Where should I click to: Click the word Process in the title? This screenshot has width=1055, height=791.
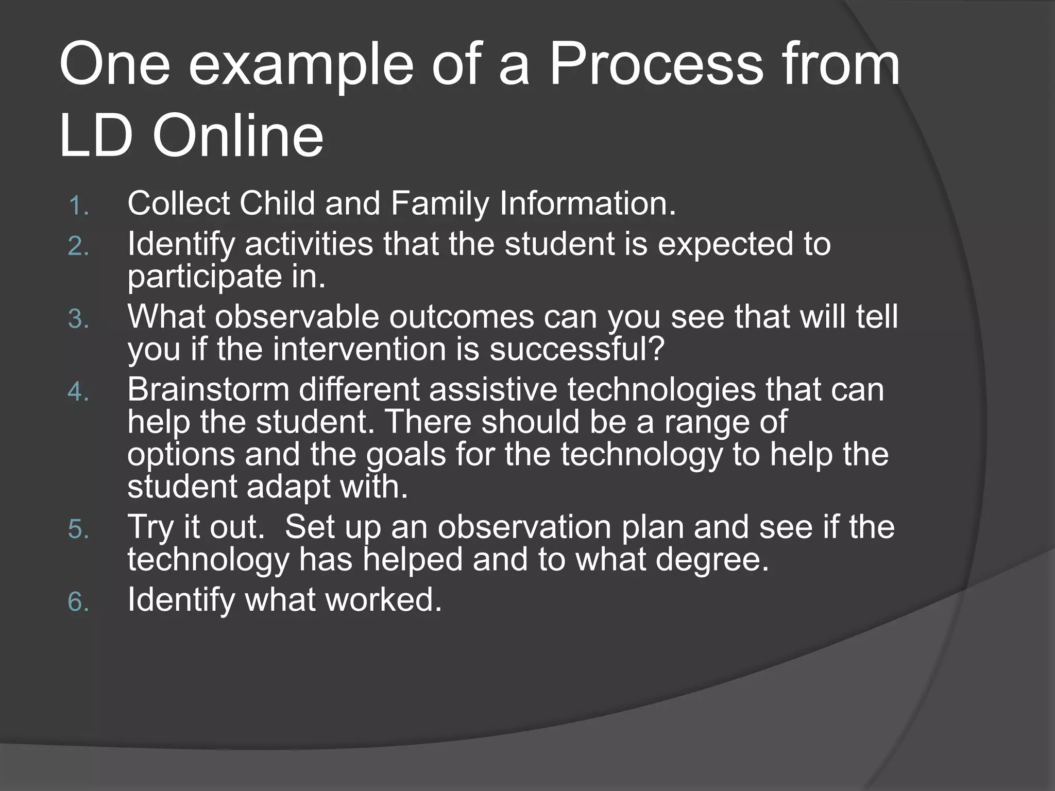pyautogui.click(x=655, y=66)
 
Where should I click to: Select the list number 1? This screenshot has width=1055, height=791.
pyautogui.click(x=78, y=206)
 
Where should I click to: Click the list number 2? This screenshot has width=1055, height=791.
pyautogui.click(x=78, y=247)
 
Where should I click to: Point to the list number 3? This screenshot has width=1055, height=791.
pyautogui.click(x=78, y=319)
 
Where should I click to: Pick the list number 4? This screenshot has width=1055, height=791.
pyautogui.click(x=78, y=392)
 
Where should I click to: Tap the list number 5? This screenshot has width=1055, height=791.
pyautogui.click(x=78, y=529)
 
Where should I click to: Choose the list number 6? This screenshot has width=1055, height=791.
pyautogui.click(x=78, y=602)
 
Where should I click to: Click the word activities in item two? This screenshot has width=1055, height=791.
pyautogui.click(x=309, y=244)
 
